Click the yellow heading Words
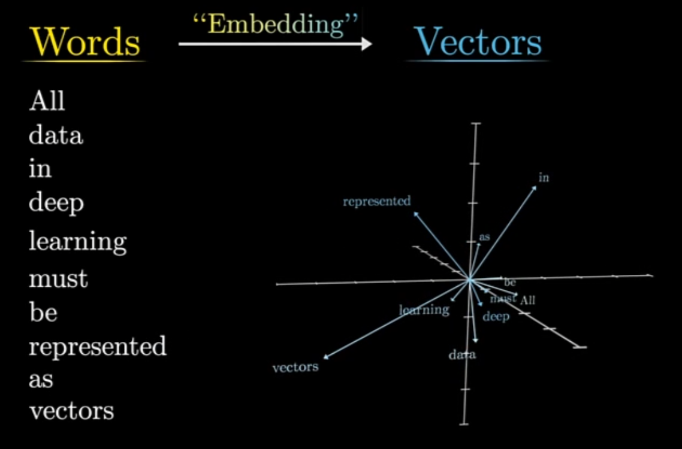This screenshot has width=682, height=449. coord(85,43)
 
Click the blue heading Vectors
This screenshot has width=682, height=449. coord(478,43)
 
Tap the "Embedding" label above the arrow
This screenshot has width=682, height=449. coord(276,26)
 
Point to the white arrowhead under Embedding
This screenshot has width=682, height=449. coord(366,44)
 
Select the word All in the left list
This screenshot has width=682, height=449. coord(47,101)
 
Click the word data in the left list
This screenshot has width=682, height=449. coord(56,136)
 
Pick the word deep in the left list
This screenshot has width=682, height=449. coord(56,204)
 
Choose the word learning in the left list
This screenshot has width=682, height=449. coord(78,242)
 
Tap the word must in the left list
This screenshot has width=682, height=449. coord(59,278)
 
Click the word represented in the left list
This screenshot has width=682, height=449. coord(98,347)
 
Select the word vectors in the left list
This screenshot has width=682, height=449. coord(71,411)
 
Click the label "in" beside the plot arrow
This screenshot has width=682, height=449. coord(544,178)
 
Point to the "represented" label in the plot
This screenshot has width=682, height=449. coord(376,201)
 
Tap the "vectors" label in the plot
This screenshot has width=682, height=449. coord(295,367)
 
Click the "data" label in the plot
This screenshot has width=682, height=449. coord(462,355)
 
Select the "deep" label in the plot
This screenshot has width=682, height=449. coord(496,316)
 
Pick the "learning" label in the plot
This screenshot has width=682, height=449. coord(424,310)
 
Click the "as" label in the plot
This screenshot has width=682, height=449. coord(484,237)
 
